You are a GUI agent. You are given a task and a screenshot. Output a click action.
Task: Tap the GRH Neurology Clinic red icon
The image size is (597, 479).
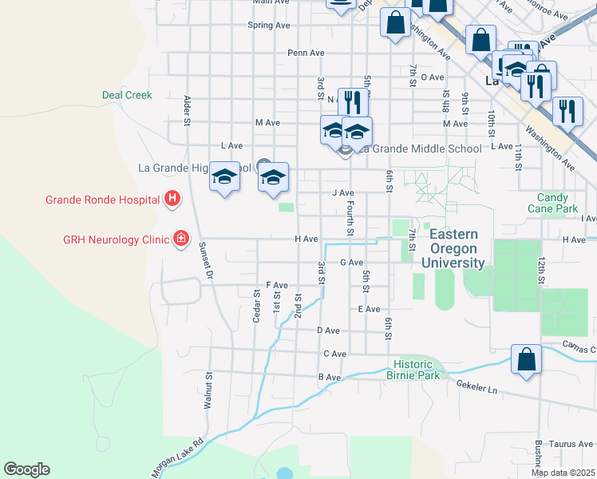coord(181,238)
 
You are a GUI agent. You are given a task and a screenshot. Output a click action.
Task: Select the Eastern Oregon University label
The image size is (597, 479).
coord(453,248)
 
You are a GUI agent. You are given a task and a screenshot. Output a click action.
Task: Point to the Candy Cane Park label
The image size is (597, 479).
coord(552,203)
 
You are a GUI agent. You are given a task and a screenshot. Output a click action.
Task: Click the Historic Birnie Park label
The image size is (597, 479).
coord(413,370)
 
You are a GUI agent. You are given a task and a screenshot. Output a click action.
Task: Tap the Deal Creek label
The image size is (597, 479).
coord(127,95)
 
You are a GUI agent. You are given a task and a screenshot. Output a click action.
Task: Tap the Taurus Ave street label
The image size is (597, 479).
coord(575,444)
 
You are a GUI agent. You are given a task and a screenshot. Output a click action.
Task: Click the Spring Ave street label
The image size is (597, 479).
coord(269,26)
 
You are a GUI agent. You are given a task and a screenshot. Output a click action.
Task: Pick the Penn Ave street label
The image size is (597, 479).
coord(306,53)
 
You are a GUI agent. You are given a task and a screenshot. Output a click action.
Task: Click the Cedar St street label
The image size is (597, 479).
coord(257,305)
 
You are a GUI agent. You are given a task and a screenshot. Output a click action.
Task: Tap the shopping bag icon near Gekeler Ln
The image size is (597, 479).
coord(527,360)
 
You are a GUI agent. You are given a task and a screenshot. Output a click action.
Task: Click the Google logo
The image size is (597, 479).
coord(27,469)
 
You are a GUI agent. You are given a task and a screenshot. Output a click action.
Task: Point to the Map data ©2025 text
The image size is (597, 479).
coord(563,473)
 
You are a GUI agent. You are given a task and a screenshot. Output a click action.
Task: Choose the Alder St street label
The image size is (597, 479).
coord(188,111)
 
